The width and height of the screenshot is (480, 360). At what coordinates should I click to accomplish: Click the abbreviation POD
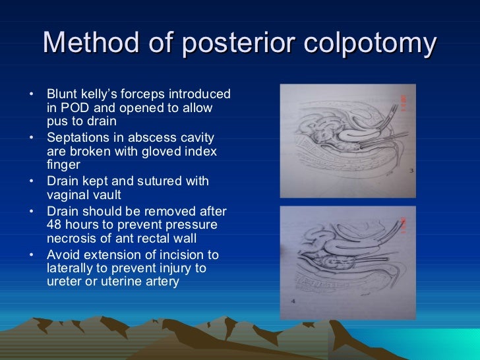(x=75, y=107)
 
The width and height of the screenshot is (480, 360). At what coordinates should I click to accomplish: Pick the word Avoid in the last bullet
(x=63, y=255)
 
